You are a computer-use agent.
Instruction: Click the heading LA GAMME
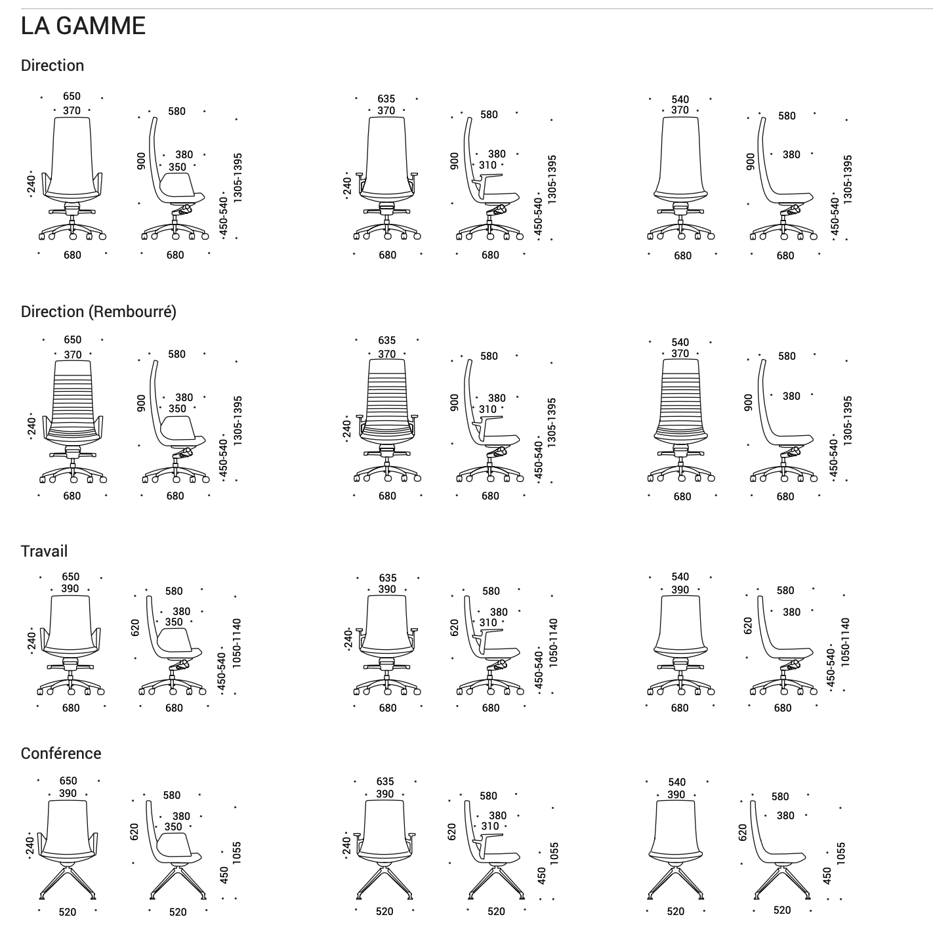83,26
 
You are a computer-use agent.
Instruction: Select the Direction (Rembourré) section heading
98,311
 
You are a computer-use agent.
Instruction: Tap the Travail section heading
44,551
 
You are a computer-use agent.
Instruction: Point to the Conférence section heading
61,754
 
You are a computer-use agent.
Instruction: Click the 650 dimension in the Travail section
71,576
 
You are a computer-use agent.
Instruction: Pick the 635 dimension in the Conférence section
385,781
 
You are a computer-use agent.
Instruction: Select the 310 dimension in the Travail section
487,622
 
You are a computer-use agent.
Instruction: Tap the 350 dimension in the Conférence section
173,827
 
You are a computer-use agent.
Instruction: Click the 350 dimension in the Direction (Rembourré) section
178,409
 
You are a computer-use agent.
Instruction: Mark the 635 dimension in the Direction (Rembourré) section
386,340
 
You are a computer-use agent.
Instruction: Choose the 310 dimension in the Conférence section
490,826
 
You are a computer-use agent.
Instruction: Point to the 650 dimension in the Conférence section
68,781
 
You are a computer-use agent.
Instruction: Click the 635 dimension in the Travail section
387,578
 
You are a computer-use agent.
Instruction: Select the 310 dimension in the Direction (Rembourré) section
487,409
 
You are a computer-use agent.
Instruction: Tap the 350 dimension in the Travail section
174,622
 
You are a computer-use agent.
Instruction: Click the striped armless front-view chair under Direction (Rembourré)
681,421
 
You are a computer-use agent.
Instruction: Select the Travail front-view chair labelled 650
71,645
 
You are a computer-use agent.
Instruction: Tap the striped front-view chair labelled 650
73,421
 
